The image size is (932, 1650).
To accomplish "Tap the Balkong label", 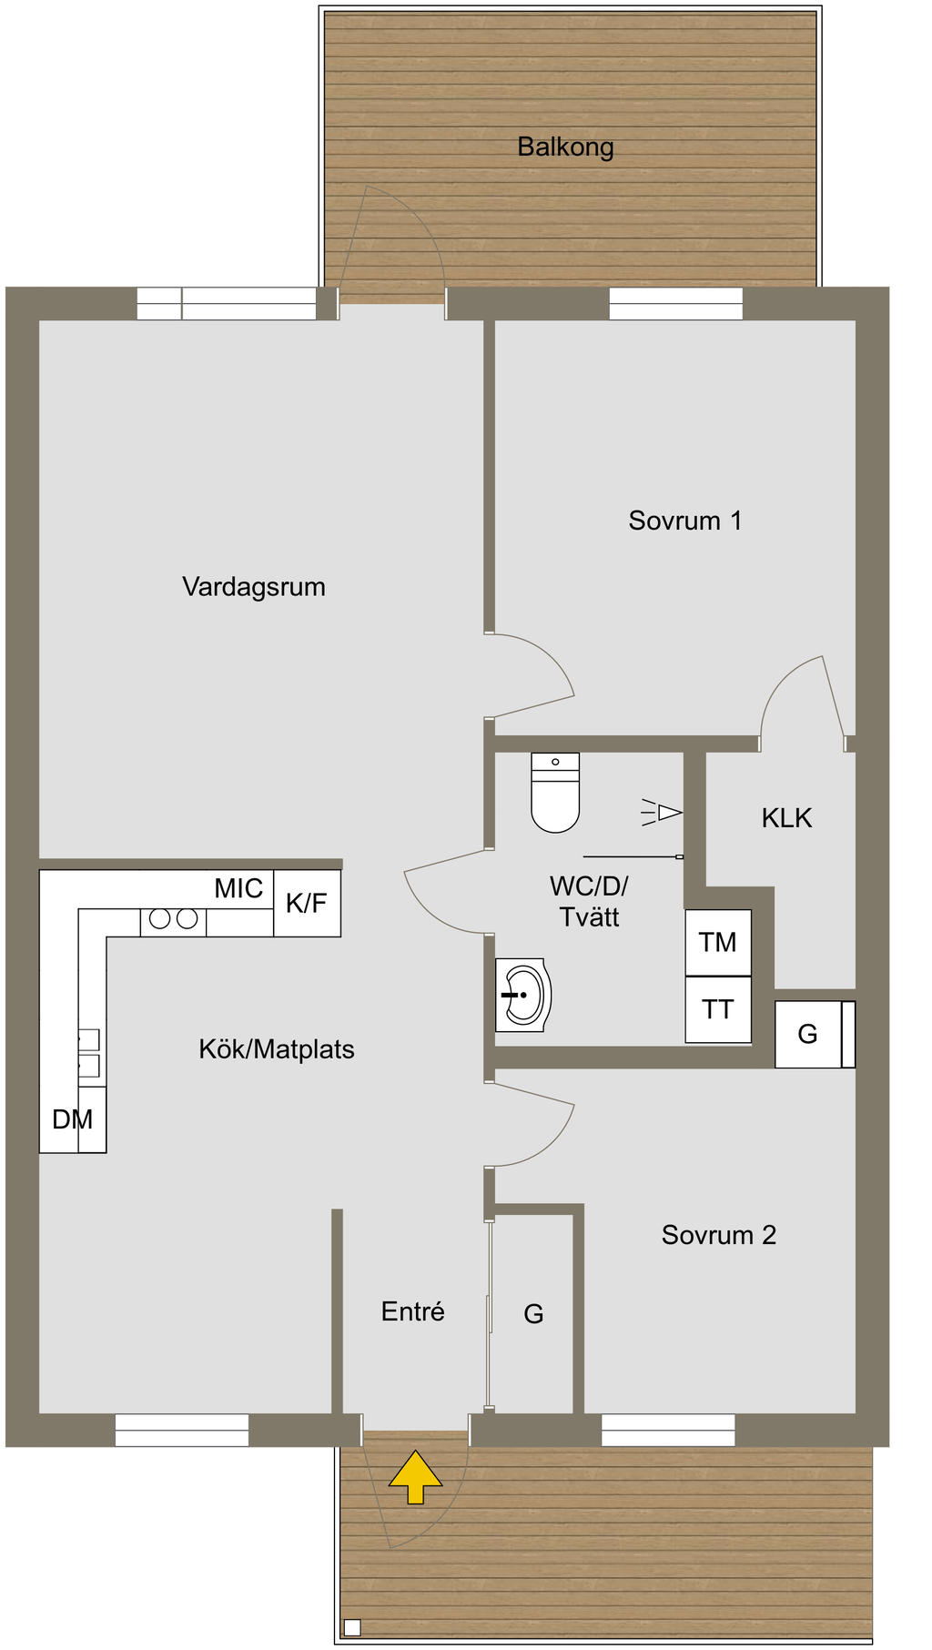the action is [x=565, y=147].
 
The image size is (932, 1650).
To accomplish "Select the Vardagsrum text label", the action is [x=254, y=587].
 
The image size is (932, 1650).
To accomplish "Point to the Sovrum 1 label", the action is [x=685, y=521].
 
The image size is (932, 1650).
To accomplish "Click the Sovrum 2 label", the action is [x=719, y=1235].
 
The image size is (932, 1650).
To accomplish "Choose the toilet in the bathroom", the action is [x=555, y=793].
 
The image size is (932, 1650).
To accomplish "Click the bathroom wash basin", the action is [x=523, y=995].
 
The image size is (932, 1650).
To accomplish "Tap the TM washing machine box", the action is [x=718, y=943].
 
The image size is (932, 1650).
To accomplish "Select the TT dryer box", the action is [x=718, y=1009].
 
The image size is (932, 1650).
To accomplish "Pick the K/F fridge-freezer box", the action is [x=307, y=903].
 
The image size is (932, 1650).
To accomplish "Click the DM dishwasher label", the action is [x=73, y=1119].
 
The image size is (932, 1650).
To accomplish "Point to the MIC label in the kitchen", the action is [x=238, y=888].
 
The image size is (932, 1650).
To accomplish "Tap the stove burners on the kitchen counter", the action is [x=173, y=919].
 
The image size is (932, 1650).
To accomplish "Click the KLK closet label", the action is [x=786, y=818].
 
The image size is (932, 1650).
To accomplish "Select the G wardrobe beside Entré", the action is [x=533, y=1314].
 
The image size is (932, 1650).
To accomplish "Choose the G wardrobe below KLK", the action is [x=815, y=1034].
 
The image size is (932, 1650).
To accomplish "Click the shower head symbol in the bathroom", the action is [x=662, y=812].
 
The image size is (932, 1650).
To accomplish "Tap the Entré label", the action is [x=413, y=1311].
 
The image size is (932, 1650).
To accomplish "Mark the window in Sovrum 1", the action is [x=675, y=303].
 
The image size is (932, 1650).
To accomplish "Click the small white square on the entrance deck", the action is [x=352, y=1627].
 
